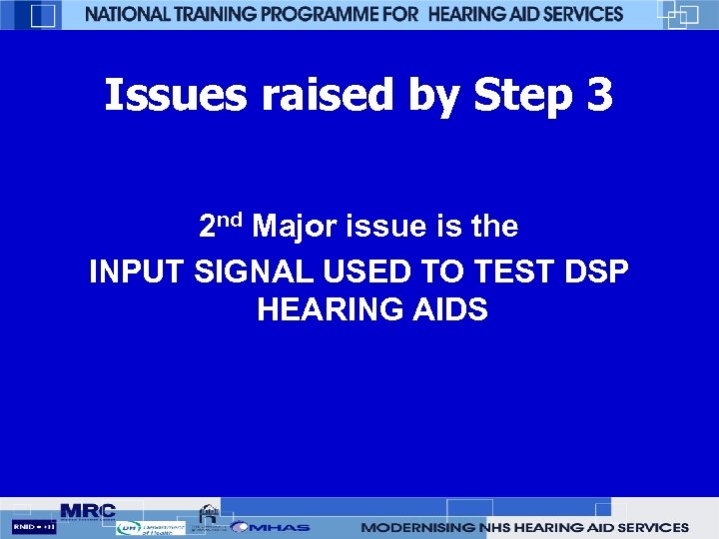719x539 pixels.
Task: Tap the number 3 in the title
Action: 595,96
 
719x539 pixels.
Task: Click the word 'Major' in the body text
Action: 296,228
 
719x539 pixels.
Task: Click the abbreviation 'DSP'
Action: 596,271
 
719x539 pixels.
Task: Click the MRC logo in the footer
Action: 88,511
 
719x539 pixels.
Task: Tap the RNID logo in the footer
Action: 34,526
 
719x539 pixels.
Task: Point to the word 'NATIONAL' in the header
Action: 130,14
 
